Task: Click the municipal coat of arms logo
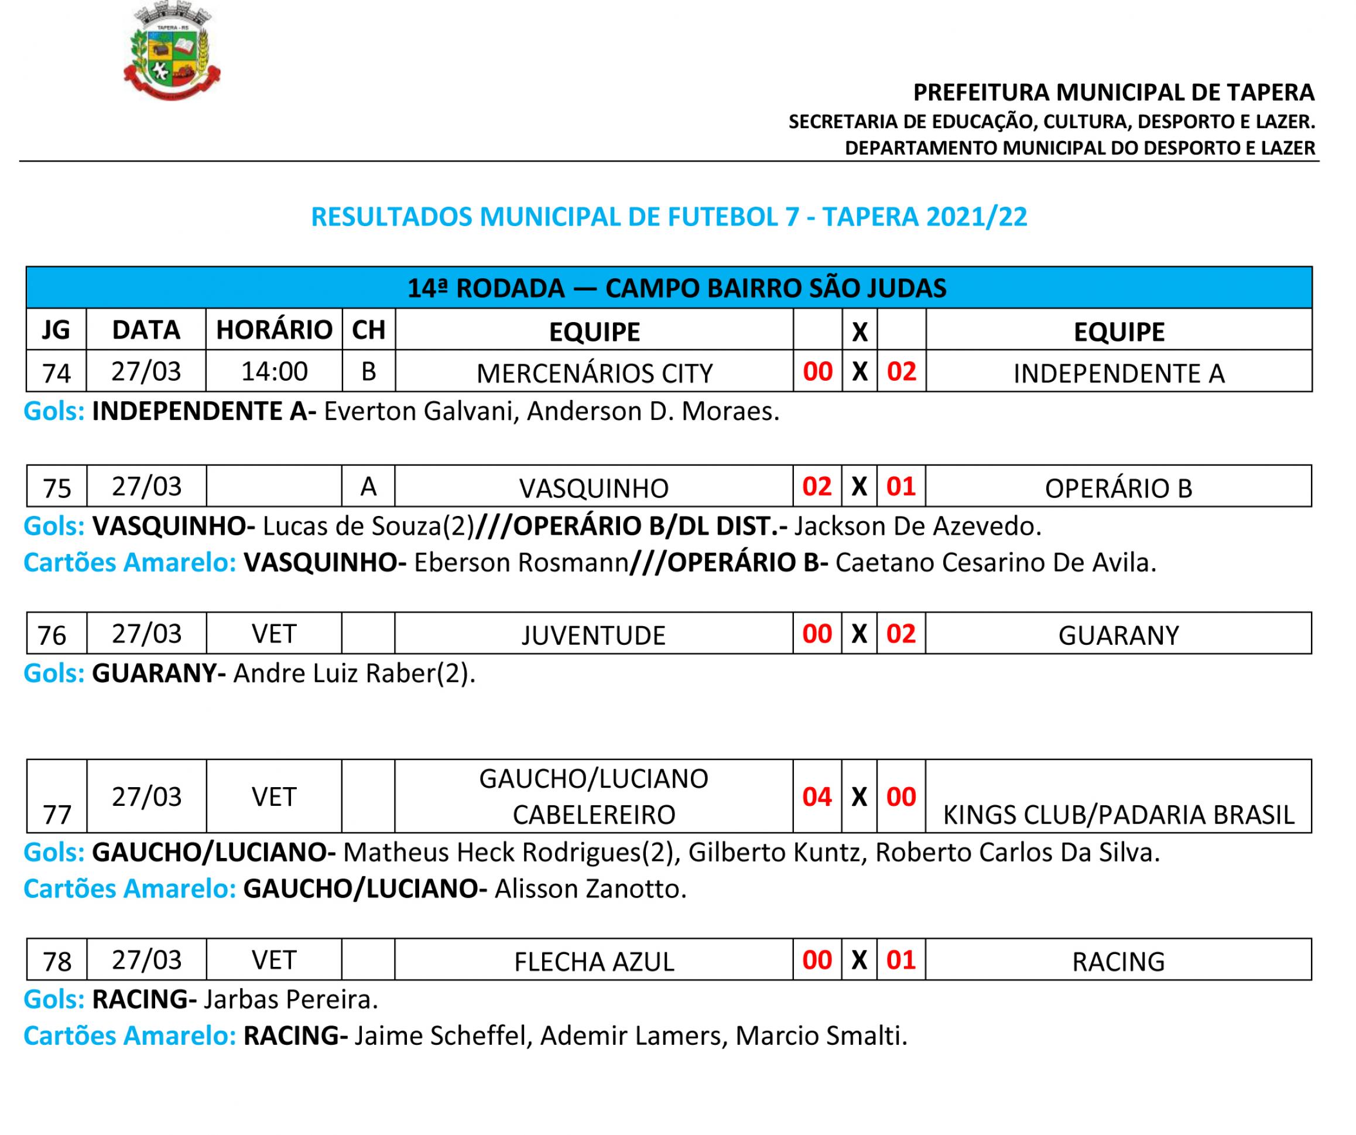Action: pyautogui.click(x=172, y=52)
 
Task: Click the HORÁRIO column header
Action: pyautogui.click(x=274, y=330)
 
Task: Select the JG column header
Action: pyautogui.click(x=56, y=330)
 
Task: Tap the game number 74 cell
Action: pyautogui.click(x=56, y=372)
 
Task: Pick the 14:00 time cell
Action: pyautogui.click(x=274, y=371)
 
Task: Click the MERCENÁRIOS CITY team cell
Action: pyautogui.click(x=594, y=372)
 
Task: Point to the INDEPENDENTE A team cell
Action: pyautogui.click(x=1118, y=372)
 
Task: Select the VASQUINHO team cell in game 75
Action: pyautogui.click(x=594, y=488)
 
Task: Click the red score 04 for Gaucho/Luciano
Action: pyautogui.click(x=817, y=796)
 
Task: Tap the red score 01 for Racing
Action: pyautogui.click(x=900, y=960)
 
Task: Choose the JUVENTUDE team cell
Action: pyautogui.click(x=594, y=635)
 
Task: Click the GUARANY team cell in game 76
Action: pyautogui.click(x=1118, y=635)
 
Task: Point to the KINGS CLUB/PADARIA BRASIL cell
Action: pyautogui.click(x=1118, y=815)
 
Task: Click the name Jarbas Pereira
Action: pyautogui.click(x=290, y=999)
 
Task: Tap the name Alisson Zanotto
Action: pyautogui.click(x=590, y=889)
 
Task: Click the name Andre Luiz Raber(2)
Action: pyautogui.click(x=354, y=673)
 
